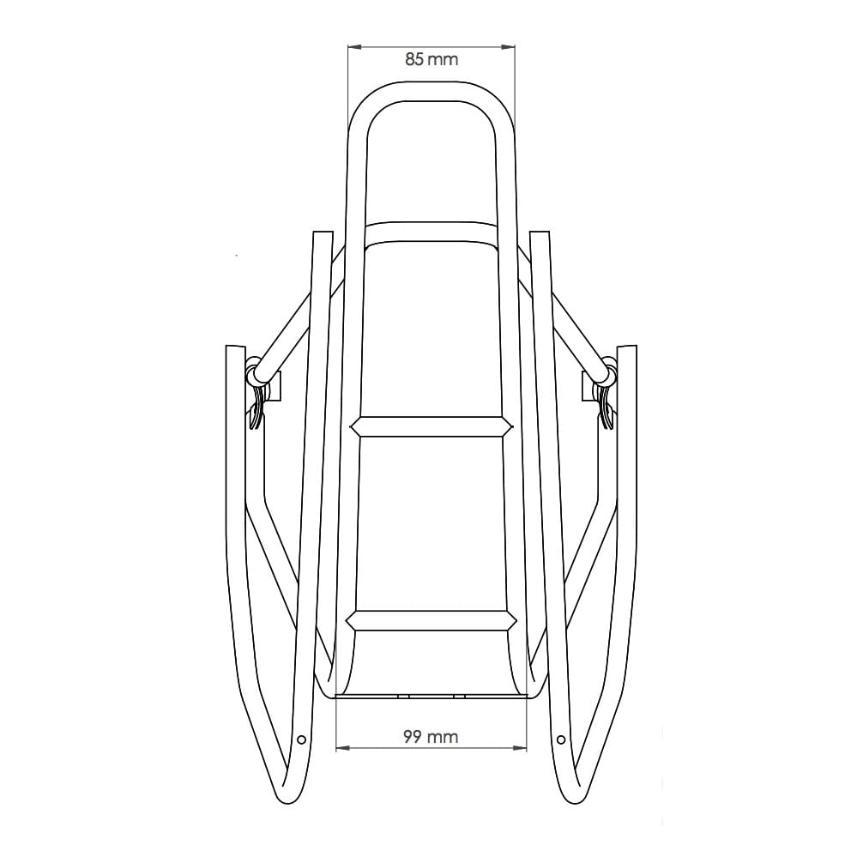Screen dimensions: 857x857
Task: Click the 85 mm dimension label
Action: pyautogui.click(x=432, y=59)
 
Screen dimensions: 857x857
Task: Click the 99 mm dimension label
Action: pyautogui.click(x=431, y=736)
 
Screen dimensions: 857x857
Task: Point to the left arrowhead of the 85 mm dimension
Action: pyautogui.click(x=352, y=46)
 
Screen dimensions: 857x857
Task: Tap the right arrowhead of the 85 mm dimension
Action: pyautogui.click(x=510, y=46)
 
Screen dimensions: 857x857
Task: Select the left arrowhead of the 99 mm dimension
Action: pyautogui.click(x=341, y=748)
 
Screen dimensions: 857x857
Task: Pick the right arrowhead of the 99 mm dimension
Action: pyautogui.click(x=522, y=748)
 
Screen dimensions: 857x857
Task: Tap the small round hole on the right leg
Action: pyautogui.click(x=561, y=739)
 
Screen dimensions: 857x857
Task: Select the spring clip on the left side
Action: pyautogui.click(x=256, y=403)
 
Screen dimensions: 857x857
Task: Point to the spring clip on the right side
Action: pyautogui.click(x=606, y=403)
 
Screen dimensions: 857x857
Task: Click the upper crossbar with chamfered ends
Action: pyautogui.click(x=431, y=427)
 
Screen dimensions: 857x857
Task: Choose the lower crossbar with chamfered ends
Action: pyautogui.click(x=431, y=620)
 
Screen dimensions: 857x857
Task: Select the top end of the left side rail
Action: pyautogui.click(x=322, y=233)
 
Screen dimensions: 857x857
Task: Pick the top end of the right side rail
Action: pyautogui.click(x=540, y=233)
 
